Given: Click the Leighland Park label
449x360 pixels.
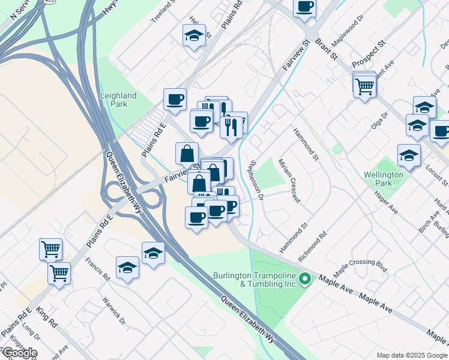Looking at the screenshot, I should (x=118, y=100).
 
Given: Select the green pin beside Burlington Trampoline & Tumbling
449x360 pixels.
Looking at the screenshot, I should (x=305, y=279).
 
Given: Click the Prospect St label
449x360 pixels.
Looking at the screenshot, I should (x=368, y=55).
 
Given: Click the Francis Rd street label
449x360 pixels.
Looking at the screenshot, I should (x=97, y=270).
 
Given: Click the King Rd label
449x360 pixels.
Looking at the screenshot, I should (x=46, y=318).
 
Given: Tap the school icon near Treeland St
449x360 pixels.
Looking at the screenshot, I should (x=194, y=35).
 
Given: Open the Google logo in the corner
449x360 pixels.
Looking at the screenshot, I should (x=19, y=353).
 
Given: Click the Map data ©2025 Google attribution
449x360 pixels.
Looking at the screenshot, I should (x=411, y=355).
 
